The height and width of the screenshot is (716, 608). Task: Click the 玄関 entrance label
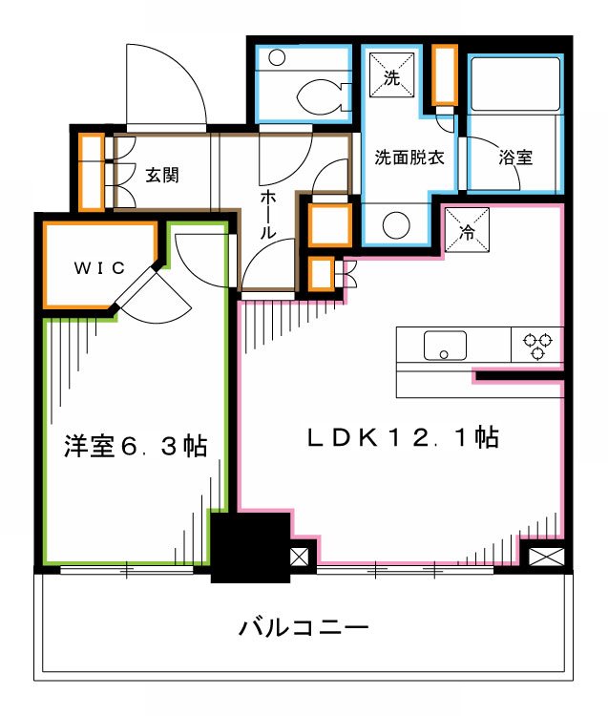click(163, 176)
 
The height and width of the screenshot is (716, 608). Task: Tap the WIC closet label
click(99, 268)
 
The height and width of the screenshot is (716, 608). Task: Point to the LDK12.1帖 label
click(401, 439)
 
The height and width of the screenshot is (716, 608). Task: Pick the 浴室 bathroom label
click(515, 158)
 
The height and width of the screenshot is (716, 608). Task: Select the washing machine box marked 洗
click(391, 75)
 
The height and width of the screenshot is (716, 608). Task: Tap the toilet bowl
click(320, 95)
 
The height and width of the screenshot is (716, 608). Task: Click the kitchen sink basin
click(445, 345)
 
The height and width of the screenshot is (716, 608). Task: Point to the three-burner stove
click(536, 346)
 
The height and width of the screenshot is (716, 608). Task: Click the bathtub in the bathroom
click(513, 86)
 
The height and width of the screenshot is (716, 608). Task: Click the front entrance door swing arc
click(167, 86)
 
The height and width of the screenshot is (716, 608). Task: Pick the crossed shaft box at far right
click(544, 556)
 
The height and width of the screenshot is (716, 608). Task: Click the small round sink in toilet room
click(277, 57)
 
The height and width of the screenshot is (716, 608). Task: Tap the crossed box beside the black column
click(300, 556)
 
